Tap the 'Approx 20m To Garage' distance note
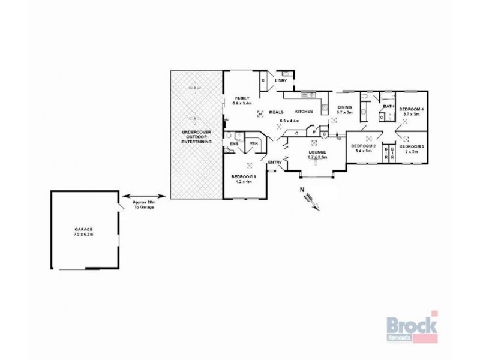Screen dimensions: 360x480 pyautogui.click(x=143, y=204)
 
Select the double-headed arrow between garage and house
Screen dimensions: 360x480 pyautogui.click(x=143, y=196)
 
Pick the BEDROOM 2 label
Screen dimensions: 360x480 pyautogui.click(x=363, y=146)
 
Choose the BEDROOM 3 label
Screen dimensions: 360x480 pyautogui.click(x=412, y=146)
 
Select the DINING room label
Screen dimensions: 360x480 pyautogui.click(x=344, y=108)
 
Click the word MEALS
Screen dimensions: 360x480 pyautogui.click(x=276, y=112)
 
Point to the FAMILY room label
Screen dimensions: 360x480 pyautogui.click(x=242, y=98)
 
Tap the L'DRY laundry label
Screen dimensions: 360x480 pyautogui.click(x=281, y=80)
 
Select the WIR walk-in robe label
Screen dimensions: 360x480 pyautogui.click(x=254, y=143)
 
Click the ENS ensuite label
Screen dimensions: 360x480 pyautogui.click(x=233, y=144)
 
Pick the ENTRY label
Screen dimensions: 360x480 pyautogui.click(x=275, y=163)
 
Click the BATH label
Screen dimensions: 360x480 pyautogui.click(x=388, y=107)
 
